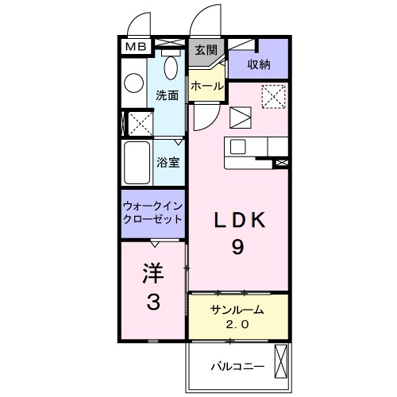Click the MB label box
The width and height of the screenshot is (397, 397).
click(133, 47)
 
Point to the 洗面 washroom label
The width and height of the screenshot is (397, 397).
click(166, 94)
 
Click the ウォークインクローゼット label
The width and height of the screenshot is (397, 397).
click(153, 212)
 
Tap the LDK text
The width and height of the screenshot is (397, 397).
click(237, 219)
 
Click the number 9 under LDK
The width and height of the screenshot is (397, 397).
click(237, 247)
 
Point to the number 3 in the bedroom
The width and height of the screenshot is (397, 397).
click(152, 303)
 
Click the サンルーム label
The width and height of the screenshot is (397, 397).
click(237, 310)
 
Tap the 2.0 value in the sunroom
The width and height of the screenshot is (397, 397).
click(237, 324)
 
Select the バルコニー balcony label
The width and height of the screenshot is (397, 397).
click(237, 367)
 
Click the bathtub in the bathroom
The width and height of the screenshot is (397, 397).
click(137, 163)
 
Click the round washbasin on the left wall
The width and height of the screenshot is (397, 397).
click(133, 83)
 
